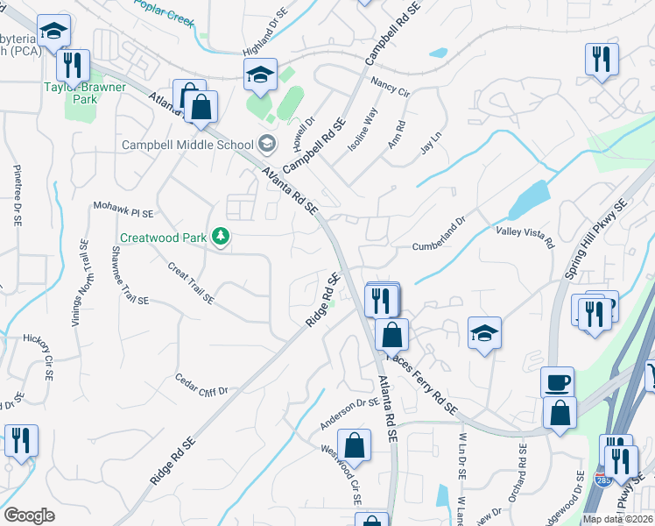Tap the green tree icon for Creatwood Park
coord(222,236)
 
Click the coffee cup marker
coord(557,383)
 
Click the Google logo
coord(29,515)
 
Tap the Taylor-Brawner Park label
coord(85,94)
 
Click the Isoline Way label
coord(363,129)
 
